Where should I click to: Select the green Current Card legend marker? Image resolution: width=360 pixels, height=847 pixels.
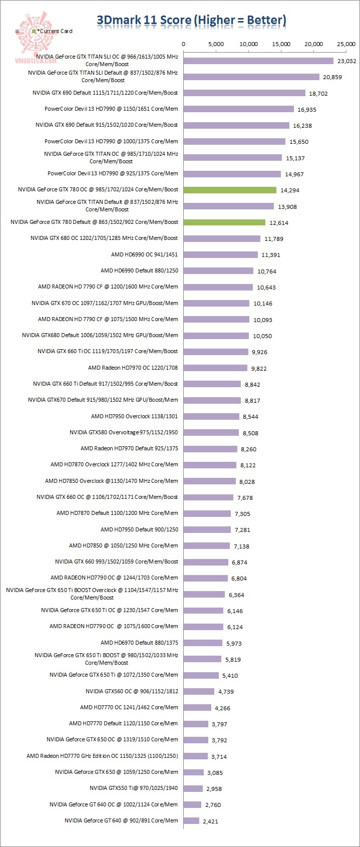point(34,31)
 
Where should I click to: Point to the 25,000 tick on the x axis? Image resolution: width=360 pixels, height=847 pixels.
point(346,44)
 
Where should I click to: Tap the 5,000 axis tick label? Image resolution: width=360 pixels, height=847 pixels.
point(216,44)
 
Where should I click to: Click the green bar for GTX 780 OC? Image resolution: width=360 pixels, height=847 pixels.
point(230,190)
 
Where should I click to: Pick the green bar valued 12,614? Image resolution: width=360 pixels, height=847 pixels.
point(224,222)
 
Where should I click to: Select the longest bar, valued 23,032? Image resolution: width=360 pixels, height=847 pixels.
point(258,61)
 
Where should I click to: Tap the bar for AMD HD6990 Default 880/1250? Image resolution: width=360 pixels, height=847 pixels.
point(218,271)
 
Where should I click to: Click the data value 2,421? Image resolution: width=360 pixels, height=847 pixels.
point(210,821)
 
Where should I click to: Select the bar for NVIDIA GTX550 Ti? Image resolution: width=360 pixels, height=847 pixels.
point(193,788)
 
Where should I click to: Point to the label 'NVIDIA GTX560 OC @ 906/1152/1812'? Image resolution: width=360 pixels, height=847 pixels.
point(132,691)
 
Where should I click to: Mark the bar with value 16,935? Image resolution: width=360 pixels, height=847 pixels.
point(239,109)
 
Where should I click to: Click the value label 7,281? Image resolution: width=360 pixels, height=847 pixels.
point(241,530)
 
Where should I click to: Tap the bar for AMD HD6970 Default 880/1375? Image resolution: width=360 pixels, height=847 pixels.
point(203,643)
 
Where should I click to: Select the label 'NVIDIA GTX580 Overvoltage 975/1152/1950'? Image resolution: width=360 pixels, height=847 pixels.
point(124,432)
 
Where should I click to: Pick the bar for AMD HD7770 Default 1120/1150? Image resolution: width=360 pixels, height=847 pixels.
point(196,724)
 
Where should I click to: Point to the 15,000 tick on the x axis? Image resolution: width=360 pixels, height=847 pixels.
point(281,44)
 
